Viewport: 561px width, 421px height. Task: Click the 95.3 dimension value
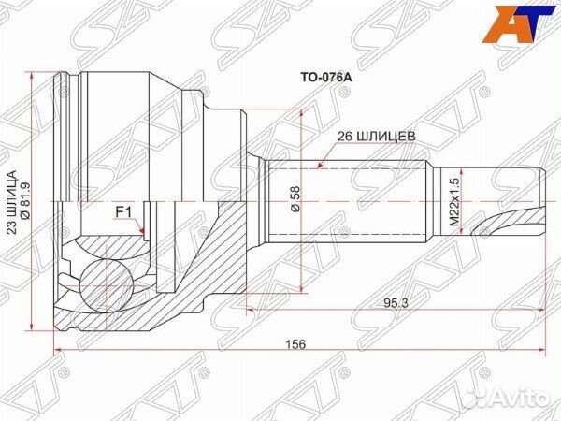393,303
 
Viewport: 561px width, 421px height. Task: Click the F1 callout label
122,212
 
